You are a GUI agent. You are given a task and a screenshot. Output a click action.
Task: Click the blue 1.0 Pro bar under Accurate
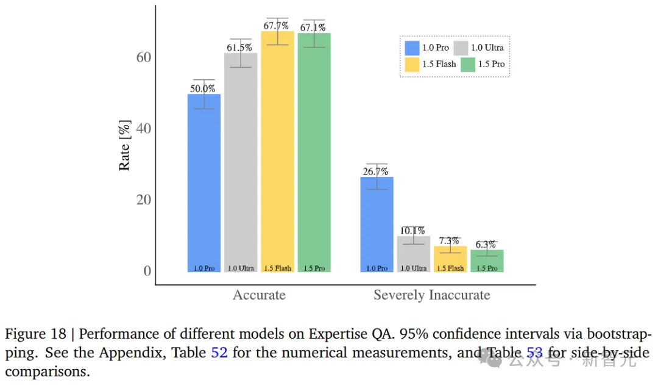click(x=204, y=183)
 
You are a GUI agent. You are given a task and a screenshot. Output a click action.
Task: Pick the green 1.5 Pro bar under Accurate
click(x=314, y=153)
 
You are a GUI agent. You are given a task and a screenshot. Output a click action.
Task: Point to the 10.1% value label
click(x=413, y=231)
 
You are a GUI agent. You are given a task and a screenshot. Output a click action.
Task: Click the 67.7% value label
click(x=276, y=26)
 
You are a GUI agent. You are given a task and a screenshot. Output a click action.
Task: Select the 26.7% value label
click(x=375, y=171)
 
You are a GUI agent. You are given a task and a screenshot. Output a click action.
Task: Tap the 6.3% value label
click(x=486, y=245)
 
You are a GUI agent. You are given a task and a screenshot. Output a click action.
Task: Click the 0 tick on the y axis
click(x=147, y=271)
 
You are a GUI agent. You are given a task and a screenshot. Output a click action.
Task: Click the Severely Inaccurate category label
click(x=431, y=295)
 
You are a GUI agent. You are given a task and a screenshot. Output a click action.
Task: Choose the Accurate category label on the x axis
click(x=259, y=295)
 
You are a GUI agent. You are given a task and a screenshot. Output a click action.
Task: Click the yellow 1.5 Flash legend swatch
click(x=412, y=64)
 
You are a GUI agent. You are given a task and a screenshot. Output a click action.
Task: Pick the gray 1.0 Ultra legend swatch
click(x=461, y=48)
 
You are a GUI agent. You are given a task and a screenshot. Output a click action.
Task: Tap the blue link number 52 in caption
click(x=219, y=353)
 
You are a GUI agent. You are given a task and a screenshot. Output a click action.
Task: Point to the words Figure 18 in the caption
click(x=36, y=334)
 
